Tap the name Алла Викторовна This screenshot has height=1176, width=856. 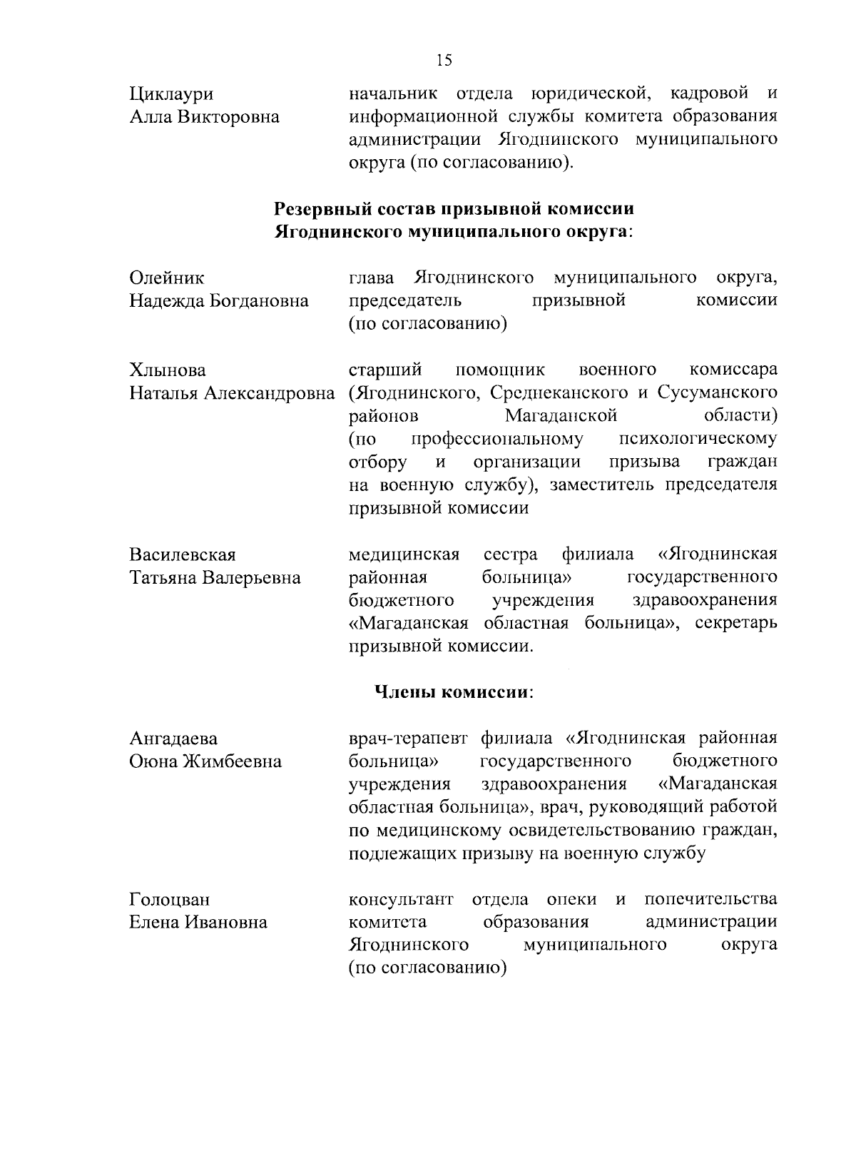tap(204, 118)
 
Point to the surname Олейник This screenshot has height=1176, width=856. tap(166, 278)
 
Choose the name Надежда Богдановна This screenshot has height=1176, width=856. tap(218, 301)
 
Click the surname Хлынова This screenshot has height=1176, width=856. tap(168, 370)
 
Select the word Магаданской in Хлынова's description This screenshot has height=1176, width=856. tap(561, 416)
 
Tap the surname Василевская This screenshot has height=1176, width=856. tap(183, 554)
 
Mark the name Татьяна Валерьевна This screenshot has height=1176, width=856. tap(215, 577)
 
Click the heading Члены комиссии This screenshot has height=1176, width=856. tap(454, 692)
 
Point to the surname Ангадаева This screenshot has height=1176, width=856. tap(173, 739)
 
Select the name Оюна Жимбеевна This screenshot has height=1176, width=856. tap(205, 761)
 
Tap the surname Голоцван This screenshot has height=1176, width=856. tap(169, 900)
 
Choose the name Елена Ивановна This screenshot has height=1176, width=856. tap(198, 923)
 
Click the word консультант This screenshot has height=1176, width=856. tap(401, 899)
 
